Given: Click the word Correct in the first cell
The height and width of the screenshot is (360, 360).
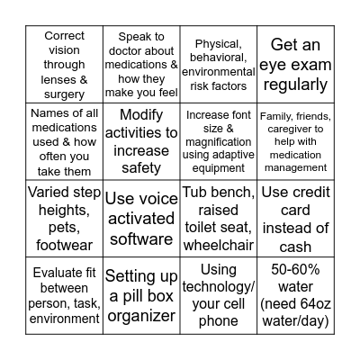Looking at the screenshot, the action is click(x=64, y=36).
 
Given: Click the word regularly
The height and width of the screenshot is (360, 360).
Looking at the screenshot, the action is click(x=294, y=85).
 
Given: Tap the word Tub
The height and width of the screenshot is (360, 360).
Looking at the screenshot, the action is click(x=197, y=193).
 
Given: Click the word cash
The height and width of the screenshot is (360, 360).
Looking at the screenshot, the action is click(x=294, y=247).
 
